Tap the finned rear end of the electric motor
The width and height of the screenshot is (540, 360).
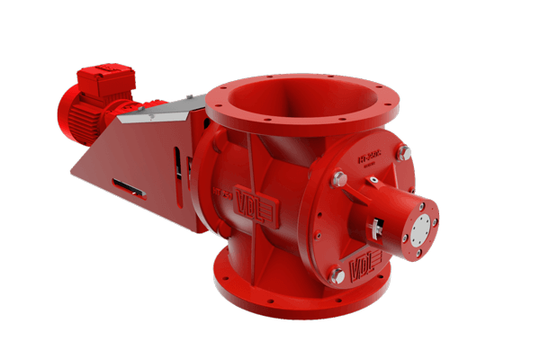(70, 114)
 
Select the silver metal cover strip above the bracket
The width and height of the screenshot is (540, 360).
(163, 112)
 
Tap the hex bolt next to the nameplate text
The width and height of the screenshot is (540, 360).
(339, 179)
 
